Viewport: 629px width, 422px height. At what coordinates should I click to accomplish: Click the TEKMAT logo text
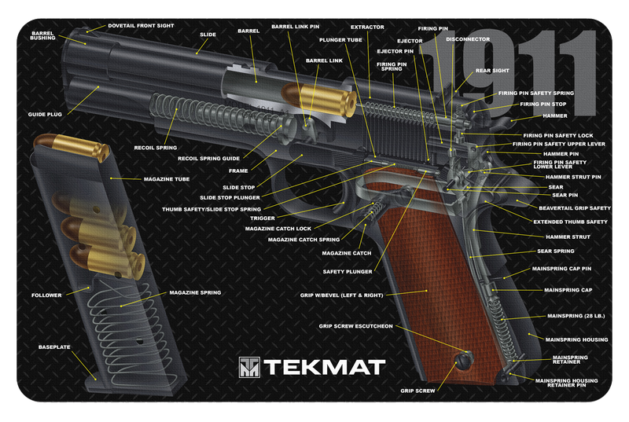point(323,367)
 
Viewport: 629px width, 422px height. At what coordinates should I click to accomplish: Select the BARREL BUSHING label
point(42,35)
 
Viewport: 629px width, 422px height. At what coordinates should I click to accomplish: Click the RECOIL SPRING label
point(155,147)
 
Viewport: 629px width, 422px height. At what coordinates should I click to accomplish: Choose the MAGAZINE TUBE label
point(167,179)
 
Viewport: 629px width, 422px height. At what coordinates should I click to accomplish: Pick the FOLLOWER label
point(46,295)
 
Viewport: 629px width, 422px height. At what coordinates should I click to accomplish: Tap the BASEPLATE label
point(54,347)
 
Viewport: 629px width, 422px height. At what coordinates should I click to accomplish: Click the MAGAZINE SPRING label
point(195,292)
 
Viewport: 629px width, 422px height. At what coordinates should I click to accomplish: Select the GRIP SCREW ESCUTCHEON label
point(355,325)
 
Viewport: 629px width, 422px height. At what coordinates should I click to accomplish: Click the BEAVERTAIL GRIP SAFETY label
point(575,208)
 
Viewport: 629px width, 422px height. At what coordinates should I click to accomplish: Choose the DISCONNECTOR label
point(468,39)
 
